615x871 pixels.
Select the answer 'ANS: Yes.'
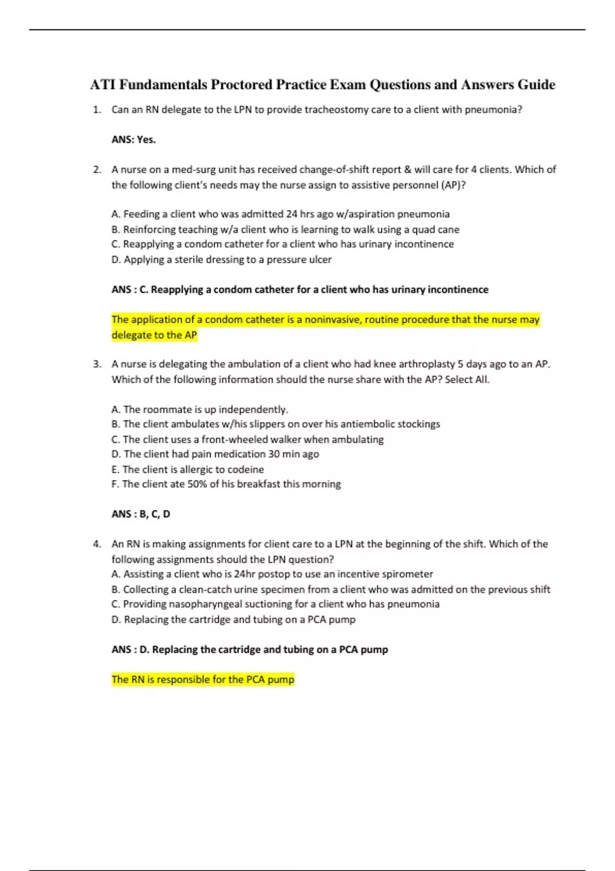pos(134,139)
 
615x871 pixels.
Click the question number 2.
pos(97,170)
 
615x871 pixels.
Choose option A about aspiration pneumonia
pos(280,214)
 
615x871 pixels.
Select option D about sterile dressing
pos(221,260)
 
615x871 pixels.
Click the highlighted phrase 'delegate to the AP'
pos(154,335)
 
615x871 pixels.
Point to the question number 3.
pos(97,364)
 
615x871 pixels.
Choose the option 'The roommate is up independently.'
pos(200,409)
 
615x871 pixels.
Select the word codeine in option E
pos(245,469)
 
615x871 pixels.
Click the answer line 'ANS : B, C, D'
pos(141,514)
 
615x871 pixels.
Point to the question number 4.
pos(97,544)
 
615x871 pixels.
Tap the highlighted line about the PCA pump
pos(203,680)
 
